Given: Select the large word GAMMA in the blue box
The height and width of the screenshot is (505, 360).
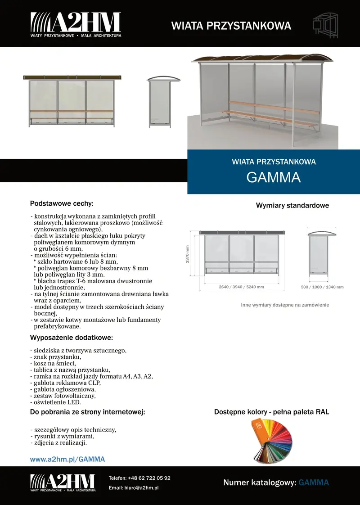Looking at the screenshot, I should (x=274, y=177).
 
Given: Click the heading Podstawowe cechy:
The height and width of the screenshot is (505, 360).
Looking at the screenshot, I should (x=62, y=203).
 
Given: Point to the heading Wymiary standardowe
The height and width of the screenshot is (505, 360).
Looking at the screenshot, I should (x=292, y=206).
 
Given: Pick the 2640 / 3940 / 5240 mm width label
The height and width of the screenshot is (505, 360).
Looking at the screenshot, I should (x=241, y=287).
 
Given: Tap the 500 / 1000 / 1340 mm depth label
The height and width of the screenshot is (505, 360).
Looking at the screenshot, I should (x=322, y=287).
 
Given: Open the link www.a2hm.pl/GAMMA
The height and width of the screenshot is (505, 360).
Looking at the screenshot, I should (x=67, y=459).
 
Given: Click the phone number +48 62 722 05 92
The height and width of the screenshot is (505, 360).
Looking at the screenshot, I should (x=149, y=478).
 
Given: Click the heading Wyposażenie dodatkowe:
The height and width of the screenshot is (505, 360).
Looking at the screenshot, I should (x=71, y=338).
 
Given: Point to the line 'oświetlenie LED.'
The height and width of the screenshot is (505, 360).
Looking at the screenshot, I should (x=56, y=402).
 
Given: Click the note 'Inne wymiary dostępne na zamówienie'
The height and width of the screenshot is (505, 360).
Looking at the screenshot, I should (x=285, y=305).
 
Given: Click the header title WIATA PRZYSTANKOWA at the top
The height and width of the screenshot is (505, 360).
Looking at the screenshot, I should (x=231, y=26).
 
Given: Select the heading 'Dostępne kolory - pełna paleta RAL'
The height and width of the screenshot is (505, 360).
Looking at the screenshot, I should (x=271, y=412).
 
